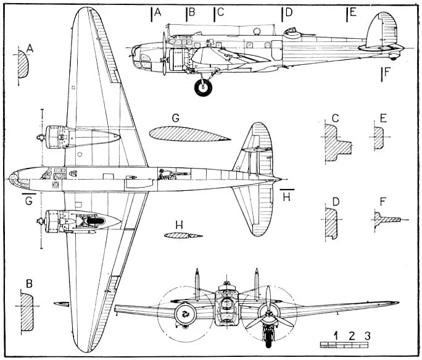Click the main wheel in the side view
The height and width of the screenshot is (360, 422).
point(204,88)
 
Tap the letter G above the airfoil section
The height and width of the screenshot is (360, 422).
point(176,117)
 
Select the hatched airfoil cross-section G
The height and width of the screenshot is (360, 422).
point(185,134)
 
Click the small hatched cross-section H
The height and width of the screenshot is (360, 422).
point(183,235)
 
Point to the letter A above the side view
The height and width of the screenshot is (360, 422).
point(158,12)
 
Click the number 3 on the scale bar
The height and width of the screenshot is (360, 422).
point(367,336)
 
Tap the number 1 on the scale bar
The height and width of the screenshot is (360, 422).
point(336,336)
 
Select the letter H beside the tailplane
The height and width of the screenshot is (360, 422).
point(285,197)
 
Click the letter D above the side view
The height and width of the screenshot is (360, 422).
point(288,12)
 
